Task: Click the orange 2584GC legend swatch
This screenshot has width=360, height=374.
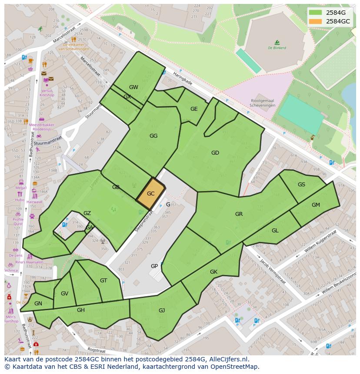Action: click(316, 21)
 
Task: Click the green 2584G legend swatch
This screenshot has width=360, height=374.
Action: click(316, 13)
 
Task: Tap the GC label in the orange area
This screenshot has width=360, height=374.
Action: click(151, 194)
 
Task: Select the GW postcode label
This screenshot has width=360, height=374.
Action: click(133, 87)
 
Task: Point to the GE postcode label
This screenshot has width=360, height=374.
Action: click(194, 109)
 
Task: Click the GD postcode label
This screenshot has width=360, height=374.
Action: click(215, 153)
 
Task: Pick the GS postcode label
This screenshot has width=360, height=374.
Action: click(301, 185)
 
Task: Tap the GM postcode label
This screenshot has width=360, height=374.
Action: click(316, 205)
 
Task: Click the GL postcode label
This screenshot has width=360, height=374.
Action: click(275, 231)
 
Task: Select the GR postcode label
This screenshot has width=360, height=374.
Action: click(239, 214)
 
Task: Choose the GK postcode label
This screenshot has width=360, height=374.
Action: click(213, 272)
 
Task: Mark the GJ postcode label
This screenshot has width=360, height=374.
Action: click(162, 310)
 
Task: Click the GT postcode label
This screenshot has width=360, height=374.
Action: click(103, 281)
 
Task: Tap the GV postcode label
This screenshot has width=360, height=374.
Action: click(64, 294)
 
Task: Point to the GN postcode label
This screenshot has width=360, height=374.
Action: click(38, 304)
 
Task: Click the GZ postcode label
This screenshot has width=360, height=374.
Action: click(87, 213)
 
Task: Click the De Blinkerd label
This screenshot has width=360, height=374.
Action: click(277, 48)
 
